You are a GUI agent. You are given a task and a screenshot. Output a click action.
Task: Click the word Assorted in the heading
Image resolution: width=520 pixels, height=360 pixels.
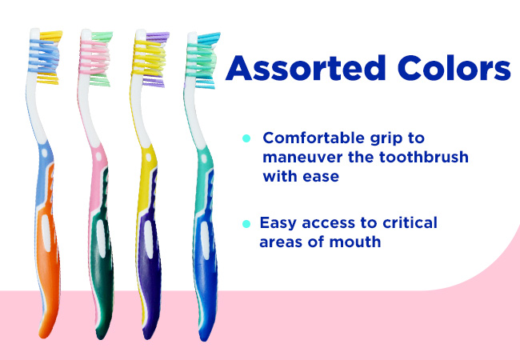coord(305,68)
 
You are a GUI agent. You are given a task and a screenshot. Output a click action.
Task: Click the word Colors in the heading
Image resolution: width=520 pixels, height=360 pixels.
coord(454,68)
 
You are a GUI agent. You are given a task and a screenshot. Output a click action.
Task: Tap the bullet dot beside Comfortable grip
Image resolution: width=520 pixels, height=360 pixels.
coord(246,138)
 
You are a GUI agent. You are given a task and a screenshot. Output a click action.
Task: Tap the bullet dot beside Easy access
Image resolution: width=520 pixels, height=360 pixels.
coord(246,224)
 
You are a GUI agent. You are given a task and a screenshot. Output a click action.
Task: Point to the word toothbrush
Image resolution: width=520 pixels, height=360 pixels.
coord(424,157)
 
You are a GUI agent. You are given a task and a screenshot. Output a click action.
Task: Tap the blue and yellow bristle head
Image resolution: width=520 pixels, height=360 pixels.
coord(46,57)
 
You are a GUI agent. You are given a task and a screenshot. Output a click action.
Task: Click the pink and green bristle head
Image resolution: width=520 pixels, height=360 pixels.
coord(96,58)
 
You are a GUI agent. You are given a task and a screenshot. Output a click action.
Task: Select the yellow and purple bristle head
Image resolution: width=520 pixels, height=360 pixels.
coord(150,60)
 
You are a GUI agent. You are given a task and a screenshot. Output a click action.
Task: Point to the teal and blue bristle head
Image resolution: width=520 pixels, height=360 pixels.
coord(202,61)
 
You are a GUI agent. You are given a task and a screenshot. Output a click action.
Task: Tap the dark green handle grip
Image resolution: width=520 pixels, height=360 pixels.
coord(102,255)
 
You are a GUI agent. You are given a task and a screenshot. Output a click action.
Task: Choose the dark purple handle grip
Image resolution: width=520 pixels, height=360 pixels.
coord(150,255)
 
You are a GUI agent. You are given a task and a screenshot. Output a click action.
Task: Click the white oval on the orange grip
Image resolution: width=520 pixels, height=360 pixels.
coord(46,233)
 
